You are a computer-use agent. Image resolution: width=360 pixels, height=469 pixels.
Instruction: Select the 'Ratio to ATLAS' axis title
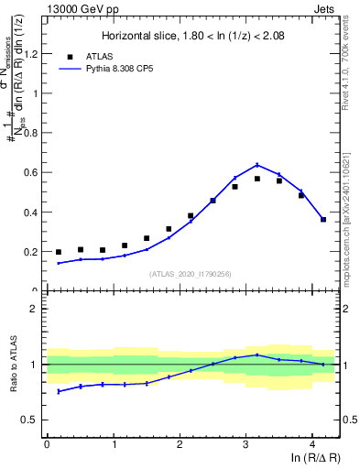click(13, 365)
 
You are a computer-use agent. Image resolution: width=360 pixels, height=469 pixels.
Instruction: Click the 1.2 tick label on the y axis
click(32, 53)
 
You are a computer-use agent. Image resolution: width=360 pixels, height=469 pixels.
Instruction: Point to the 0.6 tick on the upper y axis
click(32, 172)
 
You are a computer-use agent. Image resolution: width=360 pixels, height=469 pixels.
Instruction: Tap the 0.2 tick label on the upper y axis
click(32, 251)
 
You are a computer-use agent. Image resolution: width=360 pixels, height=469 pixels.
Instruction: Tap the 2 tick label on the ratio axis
click(38, 309)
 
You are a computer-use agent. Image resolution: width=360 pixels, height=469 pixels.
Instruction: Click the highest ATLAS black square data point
click(257, 179)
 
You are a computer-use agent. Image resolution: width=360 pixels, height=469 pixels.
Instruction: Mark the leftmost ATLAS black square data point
click(59, 252)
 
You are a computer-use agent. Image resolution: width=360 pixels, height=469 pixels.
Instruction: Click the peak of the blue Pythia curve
click(257, 165)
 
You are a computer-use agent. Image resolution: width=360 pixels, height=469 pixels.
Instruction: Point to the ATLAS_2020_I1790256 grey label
click(191, 274)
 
